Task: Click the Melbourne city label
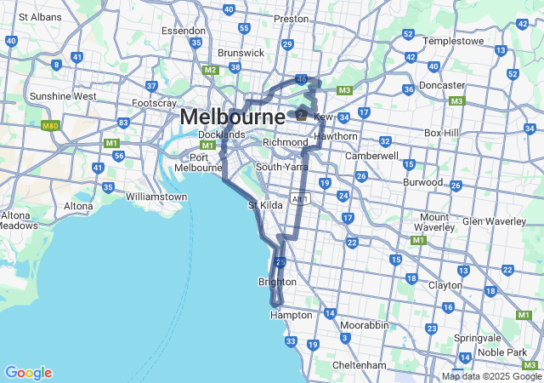click(232, 117)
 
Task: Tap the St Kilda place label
click(264, 205)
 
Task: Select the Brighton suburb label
click(277, 282)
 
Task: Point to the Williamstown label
click(156, 197)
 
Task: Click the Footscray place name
click(154, 104)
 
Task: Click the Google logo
click(28, 373)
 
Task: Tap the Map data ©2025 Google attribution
click(490, 376)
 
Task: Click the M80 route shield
click(50, 125)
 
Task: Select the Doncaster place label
click(442, 85)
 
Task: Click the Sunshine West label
click(63, 96)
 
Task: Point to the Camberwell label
click(371, 156)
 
